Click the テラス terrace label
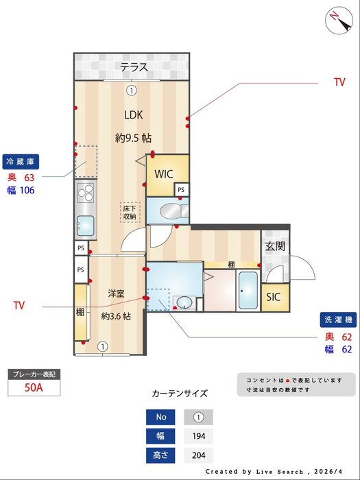click(x=134, y=67)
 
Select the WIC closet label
click(x=164, y=173)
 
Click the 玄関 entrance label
click(x=275, y=246)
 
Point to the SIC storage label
click(x=274, y=297)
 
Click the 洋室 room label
click(x=116, y=293)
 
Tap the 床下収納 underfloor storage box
click(x=130, y=212)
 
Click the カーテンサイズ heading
click(x=179, y=394)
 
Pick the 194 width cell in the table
click(x=198, y=436)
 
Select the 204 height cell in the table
click(x=198, y=455)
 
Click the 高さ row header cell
click(x=161, y=455)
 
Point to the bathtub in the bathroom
click(x=247, y=291)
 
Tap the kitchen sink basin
click(x=86, y=225)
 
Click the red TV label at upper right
click(x=339, y=82)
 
